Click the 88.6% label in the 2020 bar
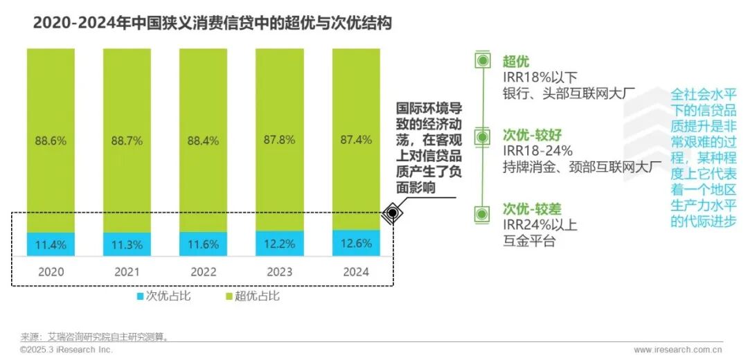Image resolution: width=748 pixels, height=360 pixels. [x=51, y=141]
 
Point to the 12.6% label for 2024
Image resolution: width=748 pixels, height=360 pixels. [x=357, y=244]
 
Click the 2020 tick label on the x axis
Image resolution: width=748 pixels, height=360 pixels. [x=51, y=271]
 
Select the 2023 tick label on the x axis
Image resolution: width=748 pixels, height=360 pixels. [x=280, y=271]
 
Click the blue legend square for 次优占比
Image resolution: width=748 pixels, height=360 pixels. [x=139, y=296]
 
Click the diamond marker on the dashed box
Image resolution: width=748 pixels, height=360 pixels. [x=392, y=213]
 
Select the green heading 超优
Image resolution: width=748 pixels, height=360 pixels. [x=516, y=62]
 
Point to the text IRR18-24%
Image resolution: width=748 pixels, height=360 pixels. [x=538, y=150]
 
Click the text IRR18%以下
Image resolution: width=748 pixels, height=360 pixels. [x=540, y=78]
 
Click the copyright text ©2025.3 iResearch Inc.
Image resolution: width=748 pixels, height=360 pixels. [x=66, y=350]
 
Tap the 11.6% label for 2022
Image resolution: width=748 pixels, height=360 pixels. [x=203, y=244]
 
